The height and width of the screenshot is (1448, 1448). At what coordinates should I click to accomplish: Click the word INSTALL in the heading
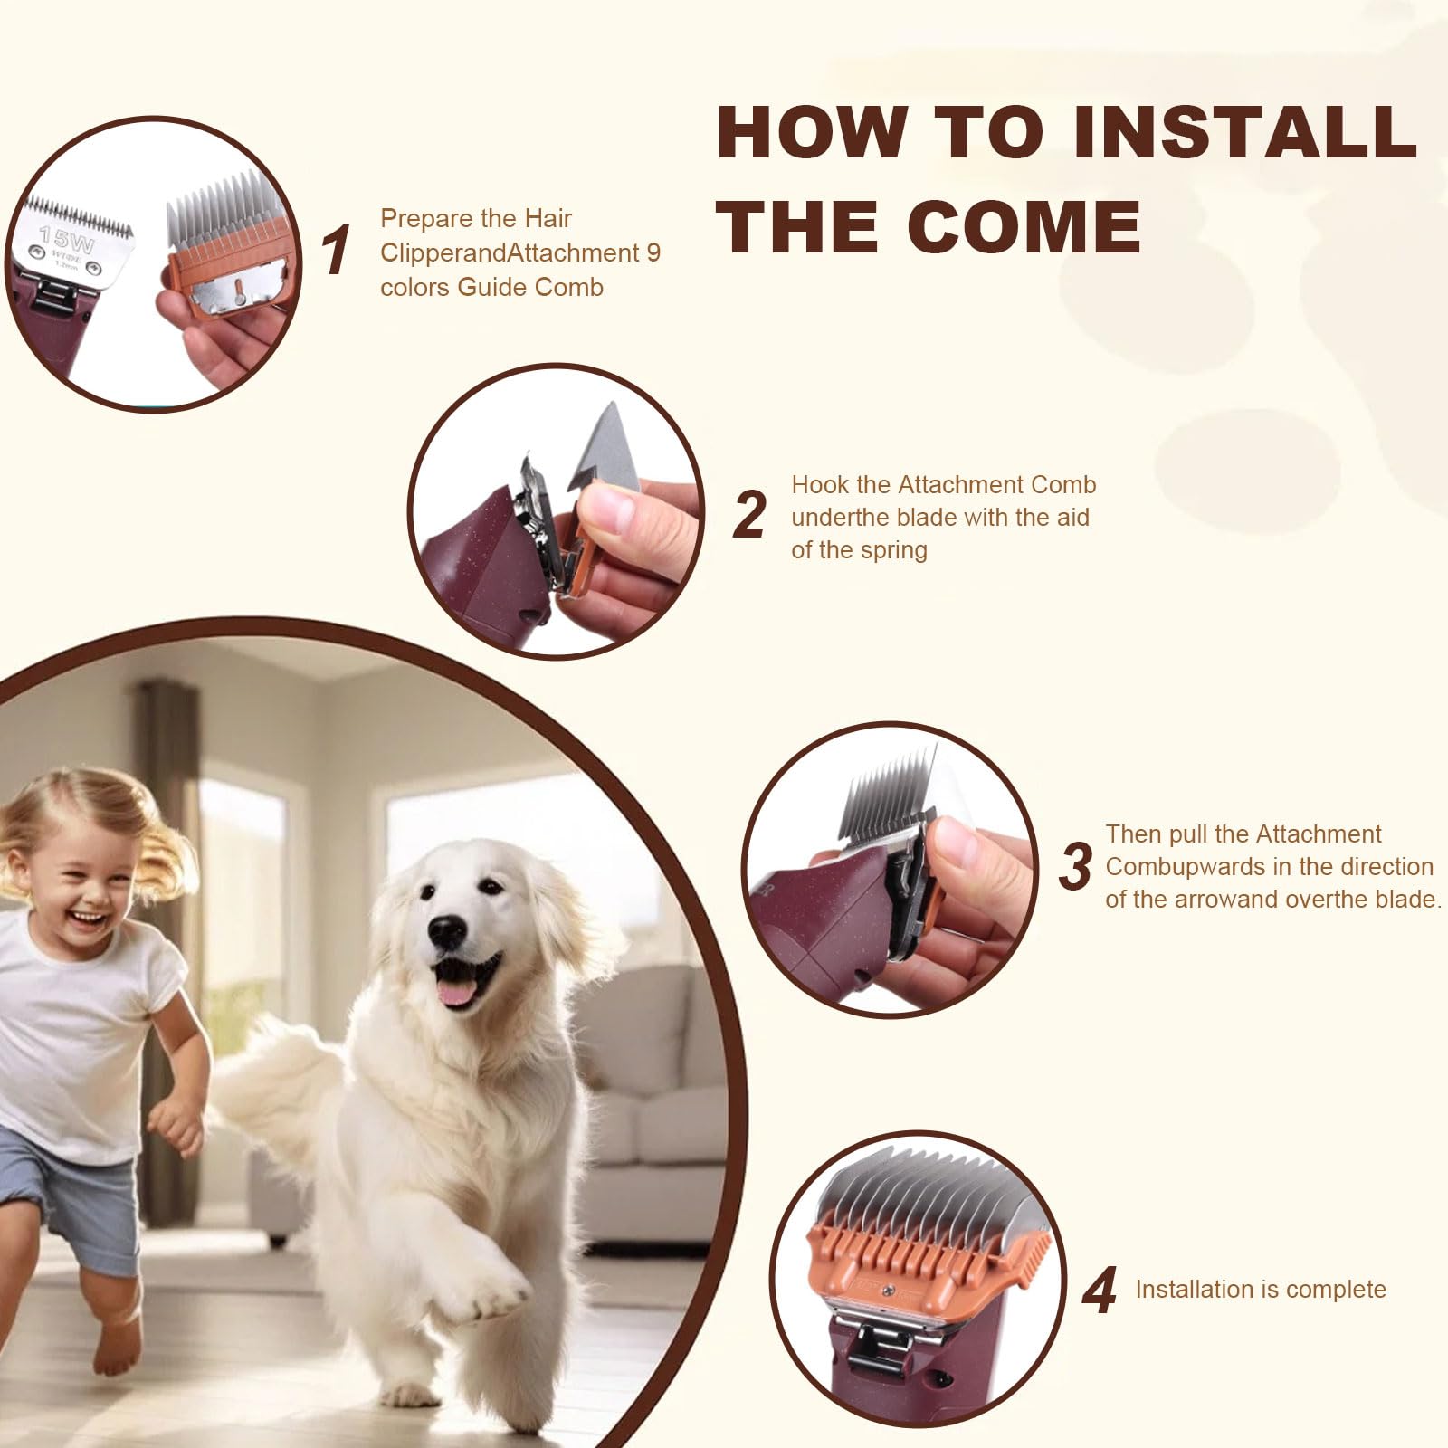point(1244,132)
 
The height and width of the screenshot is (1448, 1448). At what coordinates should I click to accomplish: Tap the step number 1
point(336,251)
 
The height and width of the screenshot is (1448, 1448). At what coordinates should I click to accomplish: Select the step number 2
point(749,515)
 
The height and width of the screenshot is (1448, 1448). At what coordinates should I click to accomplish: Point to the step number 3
point(1074,866)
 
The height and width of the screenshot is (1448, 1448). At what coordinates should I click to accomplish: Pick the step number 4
point(1100,1291)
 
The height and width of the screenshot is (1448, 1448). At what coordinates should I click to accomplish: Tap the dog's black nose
point(446,929)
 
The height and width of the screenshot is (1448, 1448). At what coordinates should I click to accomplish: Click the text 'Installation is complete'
point(1261,1290)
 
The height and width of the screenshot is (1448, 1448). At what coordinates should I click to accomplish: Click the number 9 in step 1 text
point(653,252)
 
